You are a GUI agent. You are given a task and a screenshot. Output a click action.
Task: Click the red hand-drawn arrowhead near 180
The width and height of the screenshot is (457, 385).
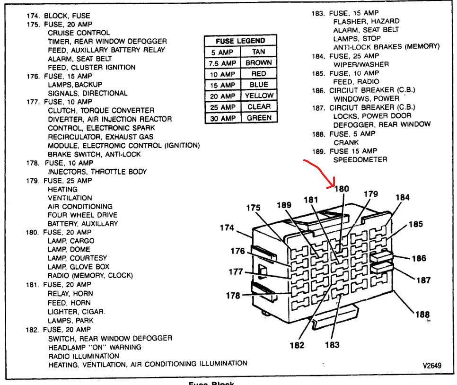(333, 185)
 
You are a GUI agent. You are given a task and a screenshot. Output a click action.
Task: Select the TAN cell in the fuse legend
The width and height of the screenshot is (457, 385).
(258, 52)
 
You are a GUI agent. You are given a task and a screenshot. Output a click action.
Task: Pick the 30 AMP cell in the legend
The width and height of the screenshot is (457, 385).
(222, 118)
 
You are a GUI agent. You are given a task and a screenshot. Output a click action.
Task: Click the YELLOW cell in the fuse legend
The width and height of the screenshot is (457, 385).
(259, 96)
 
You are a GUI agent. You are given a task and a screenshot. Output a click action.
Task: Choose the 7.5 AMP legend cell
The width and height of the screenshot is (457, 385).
(222, 63)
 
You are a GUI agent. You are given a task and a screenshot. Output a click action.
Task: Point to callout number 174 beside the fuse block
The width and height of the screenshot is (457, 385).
(227, 228)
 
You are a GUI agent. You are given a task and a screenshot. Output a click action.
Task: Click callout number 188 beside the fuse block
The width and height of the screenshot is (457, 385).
(422, 314)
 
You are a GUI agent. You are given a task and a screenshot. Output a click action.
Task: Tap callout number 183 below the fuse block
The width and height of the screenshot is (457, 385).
(332, 345)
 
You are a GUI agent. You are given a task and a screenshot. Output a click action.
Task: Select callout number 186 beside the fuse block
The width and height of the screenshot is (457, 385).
(419, 258)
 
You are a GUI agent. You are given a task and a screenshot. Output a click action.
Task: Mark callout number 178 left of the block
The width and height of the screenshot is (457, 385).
(233, 296)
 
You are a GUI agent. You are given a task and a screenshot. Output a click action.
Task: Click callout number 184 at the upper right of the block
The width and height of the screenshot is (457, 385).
(402, 198)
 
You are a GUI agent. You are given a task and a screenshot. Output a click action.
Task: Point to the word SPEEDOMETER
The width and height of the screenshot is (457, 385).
(360, 160)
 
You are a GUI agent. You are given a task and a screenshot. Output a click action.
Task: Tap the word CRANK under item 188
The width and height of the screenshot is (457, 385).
(346, 142)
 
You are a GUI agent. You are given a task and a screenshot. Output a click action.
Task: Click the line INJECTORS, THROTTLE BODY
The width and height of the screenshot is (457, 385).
(97, 172)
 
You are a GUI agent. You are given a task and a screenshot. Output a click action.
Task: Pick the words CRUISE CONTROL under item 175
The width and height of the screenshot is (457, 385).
(79, 33)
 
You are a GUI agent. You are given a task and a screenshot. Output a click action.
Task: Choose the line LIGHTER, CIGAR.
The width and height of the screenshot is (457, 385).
(76, 312)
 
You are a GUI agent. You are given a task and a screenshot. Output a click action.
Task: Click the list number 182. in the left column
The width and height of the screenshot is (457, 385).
(33, 329)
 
